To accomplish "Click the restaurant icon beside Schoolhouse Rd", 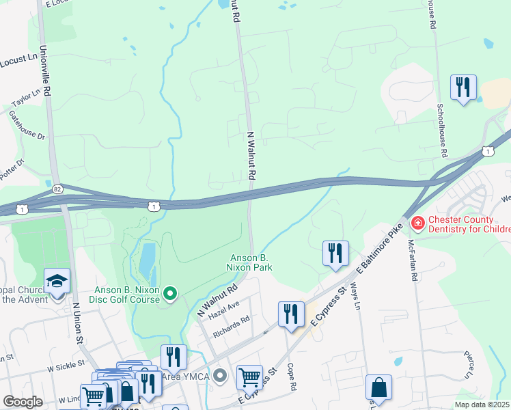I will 463,87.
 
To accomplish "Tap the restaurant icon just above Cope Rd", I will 291,314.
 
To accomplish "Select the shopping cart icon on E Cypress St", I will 249,377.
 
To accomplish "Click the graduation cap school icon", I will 57,280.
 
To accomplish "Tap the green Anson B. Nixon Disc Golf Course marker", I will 170,294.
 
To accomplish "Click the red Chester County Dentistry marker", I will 415,222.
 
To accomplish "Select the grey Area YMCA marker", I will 219,375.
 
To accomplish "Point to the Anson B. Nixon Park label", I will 250,262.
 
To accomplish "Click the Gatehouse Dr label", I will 27,125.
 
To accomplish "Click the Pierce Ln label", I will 469,366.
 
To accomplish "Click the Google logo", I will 22,402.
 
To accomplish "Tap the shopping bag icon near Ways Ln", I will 378,387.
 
